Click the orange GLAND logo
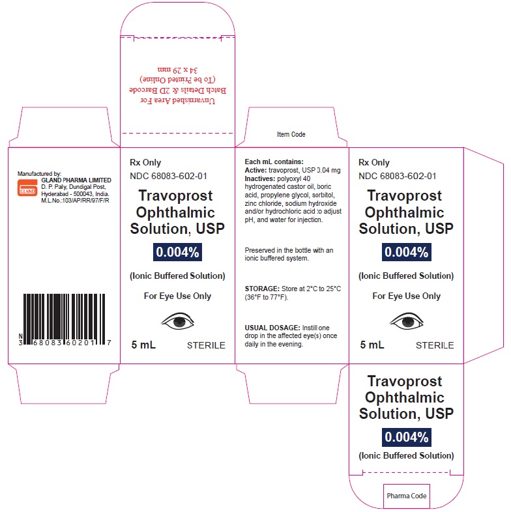point(27,188)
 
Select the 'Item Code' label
point(291,134)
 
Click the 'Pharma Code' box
point(407,496)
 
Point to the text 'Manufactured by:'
point(39,174)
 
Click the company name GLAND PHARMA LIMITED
point(76,180)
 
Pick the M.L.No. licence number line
point(75,201)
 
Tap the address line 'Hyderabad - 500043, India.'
point(75,194)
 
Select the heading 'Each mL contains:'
point(274,162)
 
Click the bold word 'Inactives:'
point(260,178)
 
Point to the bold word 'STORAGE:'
point(262,289)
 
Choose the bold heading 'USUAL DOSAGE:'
point(272,328)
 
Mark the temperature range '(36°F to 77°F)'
point(266,297)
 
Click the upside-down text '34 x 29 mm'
point(178,70)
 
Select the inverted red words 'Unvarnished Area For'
point(178,100)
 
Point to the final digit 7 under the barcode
point(109,343)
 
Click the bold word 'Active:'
point(256,170)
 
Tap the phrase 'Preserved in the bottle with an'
point(289,250)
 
